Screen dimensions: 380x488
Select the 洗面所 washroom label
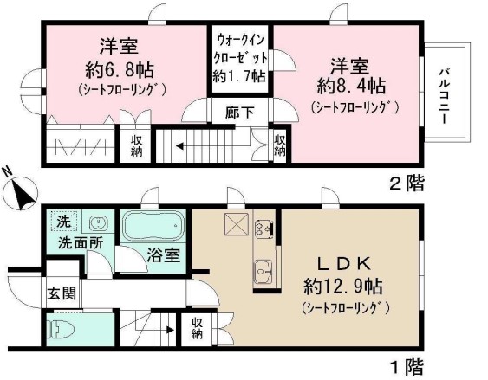pos(81,243)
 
